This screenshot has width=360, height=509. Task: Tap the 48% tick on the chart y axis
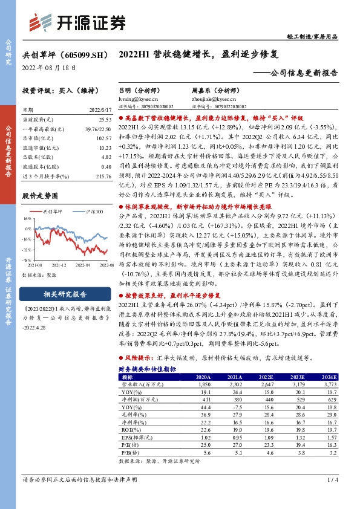(27, 259)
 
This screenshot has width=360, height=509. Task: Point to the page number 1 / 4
(332, 479)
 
